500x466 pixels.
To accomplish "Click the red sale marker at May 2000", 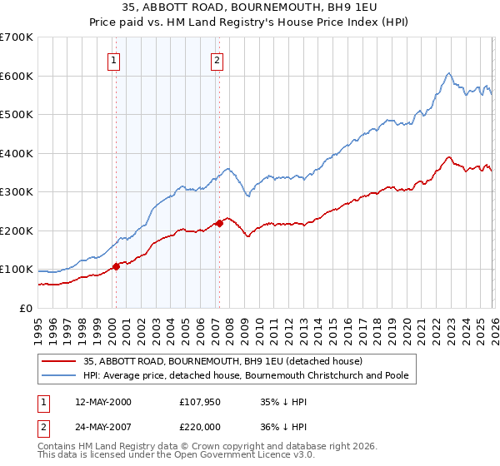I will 116,266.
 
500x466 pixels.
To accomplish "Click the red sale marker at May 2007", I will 219,223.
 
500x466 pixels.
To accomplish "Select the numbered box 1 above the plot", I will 112,59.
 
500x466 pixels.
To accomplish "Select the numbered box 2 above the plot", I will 216,59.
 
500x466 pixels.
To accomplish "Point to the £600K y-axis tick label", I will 17,76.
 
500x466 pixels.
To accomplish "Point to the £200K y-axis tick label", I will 17,231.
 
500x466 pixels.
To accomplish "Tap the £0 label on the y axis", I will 25,308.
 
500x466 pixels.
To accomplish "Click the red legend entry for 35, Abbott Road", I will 222,361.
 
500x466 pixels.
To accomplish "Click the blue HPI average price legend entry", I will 246,376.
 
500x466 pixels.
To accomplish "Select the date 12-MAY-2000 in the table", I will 102,402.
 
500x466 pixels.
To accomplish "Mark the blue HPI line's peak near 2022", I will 448,73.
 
